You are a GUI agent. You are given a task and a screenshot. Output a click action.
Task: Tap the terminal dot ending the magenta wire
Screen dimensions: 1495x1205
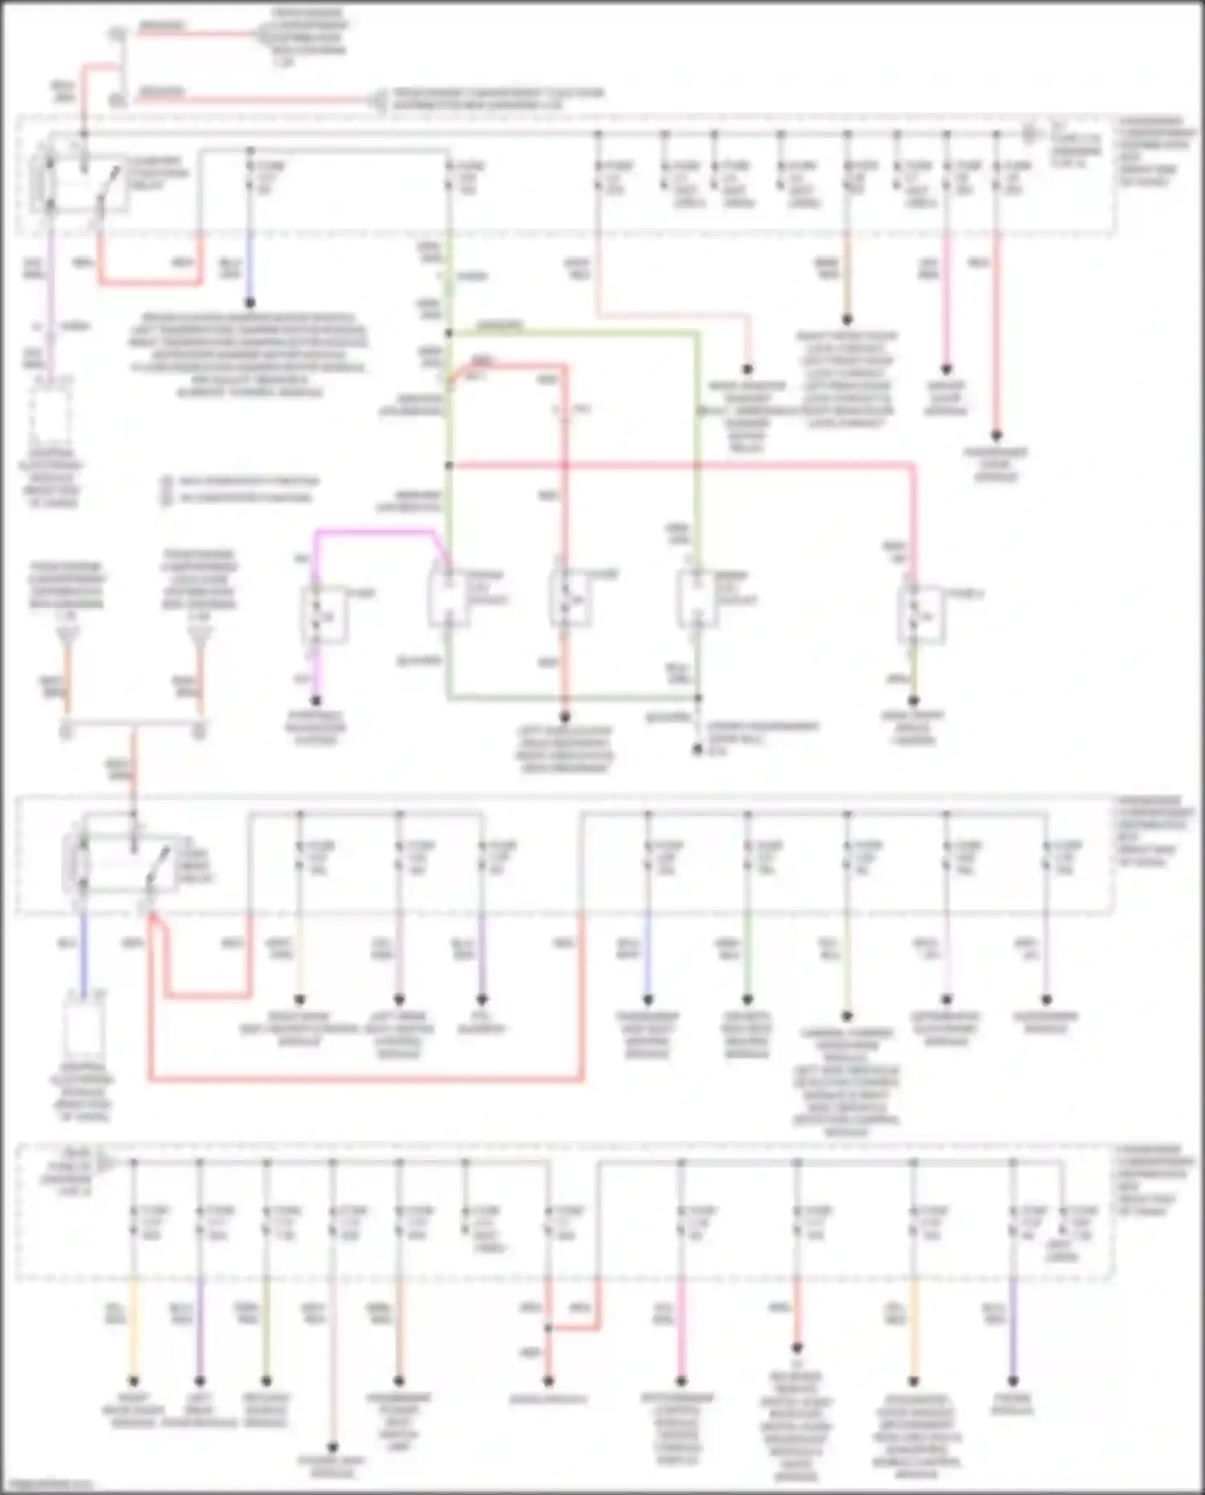click(316, 701)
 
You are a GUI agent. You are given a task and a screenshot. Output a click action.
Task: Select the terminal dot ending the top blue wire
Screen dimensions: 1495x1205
click(250, 303)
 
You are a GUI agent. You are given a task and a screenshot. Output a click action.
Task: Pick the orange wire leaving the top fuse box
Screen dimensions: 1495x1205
click(847, 273)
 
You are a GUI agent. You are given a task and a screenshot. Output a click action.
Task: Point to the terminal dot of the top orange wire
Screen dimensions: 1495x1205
click(847, 321)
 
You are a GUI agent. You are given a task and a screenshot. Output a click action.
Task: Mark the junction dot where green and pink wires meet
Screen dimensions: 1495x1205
click(449, 465)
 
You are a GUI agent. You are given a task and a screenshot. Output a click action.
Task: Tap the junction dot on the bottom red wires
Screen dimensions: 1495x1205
click(549, 1327)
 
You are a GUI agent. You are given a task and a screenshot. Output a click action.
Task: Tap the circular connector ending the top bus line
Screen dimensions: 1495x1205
click(1029, 134)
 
